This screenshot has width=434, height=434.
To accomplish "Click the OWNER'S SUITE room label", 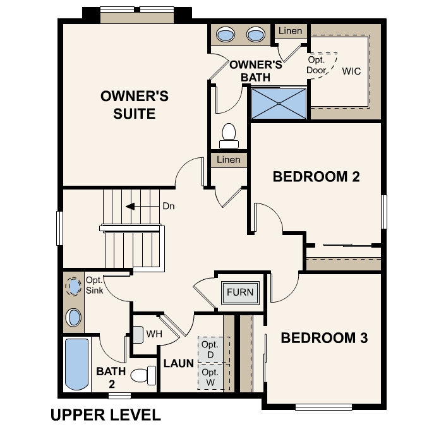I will click(x=134, y=105).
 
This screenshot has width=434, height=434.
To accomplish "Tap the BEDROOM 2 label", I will click(x=316, y=176).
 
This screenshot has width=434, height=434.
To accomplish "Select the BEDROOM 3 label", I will click(x=323, y=338).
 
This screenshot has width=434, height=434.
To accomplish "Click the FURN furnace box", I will click(x=240, y=292).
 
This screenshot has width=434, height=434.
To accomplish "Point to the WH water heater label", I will click(x=154, y=333).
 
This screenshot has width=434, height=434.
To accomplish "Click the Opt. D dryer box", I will click(x=210, y=350).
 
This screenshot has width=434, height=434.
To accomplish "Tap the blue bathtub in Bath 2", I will click(x=77, y=365).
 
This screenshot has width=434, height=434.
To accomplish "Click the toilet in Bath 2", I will click(x=143, y=375).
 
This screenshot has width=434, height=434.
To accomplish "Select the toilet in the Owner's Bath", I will click(x=228, y=135).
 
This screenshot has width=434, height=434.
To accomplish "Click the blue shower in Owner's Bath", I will click(x=279, y=103).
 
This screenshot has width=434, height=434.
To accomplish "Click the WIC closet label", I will click(x=351, y=71).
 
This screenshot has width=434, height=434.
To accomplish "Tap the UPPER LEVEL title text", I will click(x=105, y=415).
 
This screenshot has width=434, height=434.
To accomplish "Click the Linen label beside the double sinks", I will click(x=290, y=30).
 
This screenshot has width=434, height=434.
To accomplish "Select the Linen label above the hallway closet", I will click(x=228, y=160).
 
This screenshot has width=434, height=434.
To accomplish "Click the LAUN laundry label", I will click(x=178, y=364).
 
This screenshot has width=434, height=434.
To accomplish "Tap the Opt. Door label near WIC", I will click(x=316, y=65).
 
